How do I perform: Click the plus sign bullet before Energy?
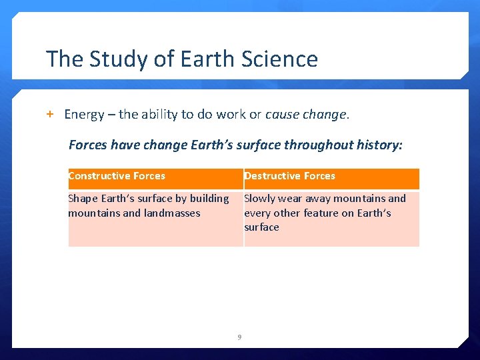tap(49, 114)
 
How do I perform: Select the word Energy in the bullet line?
tap(84, 115)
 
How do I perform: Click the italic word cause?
tap(281, 114)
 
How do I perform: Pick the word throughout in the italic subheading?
tap(322, 145)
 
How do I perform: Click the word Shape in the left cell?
tap(83, 199)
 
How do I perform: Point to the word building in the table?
tap(209, 199)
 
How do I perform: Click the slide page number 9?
tap(240, 337)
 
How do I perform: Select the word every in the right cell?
tap(257, 213)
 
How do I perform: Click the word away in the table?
tap(319, 199)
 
